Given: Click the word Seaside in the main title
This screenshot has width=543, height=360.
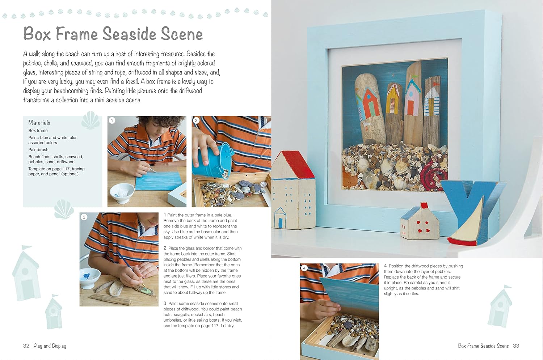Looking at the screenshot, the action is (129, 34).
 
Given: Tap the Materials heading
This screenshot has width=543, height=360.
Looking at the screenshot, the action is (39, 123).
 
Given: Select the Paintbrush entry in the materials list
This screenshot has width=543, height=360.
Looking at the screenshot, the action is (38, 150).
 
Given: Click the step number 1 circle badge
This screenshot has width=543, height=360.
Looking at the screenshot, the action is (112, 120).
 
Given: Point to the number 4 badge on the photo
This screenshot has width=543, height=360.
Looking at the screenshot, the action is (304, 268).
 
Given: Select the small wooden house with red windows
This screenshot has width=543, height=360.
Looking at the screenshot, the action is (419, 223).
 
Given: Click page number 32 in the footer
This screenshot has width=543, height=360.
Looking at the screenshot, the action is (26, 346).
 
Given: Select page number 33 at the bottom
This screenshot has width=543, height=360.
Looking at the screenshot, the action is (516, 346).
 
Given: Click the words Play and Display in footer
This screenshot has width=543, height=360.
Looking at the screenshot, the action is (50, 346).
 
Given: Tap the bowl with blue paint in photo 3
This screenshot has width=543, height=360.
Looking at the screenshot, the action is (90, 278).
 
